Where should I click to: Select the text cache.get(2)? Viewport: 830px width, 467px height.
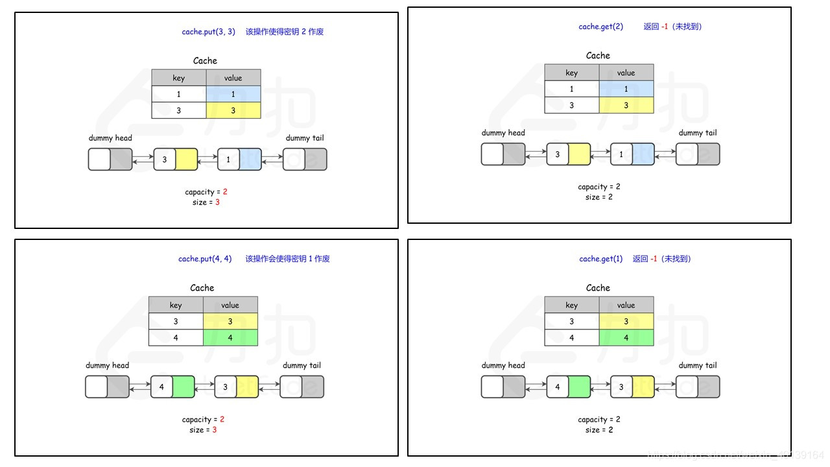point(600,27)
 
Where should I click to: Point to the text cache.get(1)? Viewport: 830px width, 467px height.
point(600,259)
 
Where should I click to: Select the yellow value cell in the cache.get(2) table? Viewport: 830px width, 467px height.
point(626,105)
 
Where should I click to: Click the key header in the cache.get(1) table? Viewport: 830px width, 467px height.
point(571,305)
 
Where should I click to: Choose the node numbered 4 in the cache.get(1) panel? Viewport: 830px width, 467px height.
point(568,387)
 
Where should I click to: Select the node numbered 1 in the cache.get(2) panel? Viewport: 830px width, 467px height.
point(632,154)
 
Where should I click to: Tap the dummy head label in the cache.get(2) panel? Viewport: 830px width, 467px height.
point(503,133)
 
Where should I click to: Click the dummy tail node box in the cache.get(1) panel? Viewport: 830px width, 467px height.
point(698,387)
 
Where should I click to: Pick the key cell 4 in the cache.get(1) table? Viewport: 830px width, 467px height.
point(571,338)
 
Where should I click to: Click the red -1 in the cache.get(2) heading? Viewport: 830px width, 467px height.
point(665,27)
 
